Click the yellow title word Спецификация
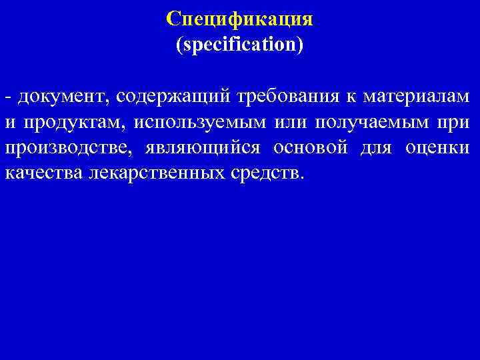pyautogui.click(x=239, y=18)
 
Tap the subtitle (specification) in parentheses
pyautogui.click(x=239, y=45)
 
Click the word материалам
pyautogui.click(x=416, y=97)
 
